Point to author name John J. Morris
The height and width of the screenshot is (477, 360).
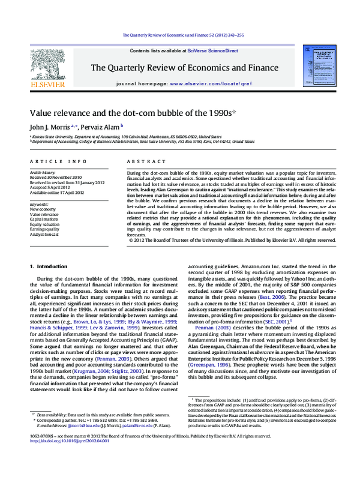point(50,127)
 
